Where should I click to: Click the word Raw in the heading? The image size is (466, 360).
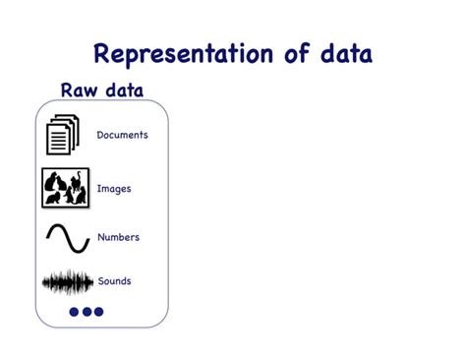click(80, 90)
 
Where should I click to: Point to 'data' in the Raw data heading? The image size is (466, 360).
click(123, 90)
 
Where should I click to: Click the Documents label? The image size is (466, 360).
click(122, 135)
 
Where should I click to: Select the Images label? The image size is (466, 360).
click(114, 188)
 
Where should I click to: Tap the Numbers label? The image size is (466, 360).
click(118, 237)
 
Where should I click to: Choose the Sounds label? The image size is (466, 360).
click(114, 281)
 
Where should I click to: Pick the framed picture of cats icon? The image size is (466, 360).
click(65, 188)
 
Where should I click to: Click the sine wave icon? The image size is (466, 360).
click(67, 238)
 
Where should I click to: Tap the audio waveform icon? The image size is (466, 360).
click(67, 283)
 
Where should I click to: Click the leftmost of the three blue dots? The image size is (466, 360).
click(75, 312)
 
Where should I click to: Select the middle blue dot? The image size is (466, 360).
click(87, 312)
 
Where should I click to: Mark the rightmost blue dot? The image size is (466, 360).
click(98, 312)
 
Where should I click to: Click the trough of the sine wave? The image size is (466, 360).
click(78, 250)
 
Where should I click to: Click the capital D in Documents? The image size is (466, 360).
click(100, 135)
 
